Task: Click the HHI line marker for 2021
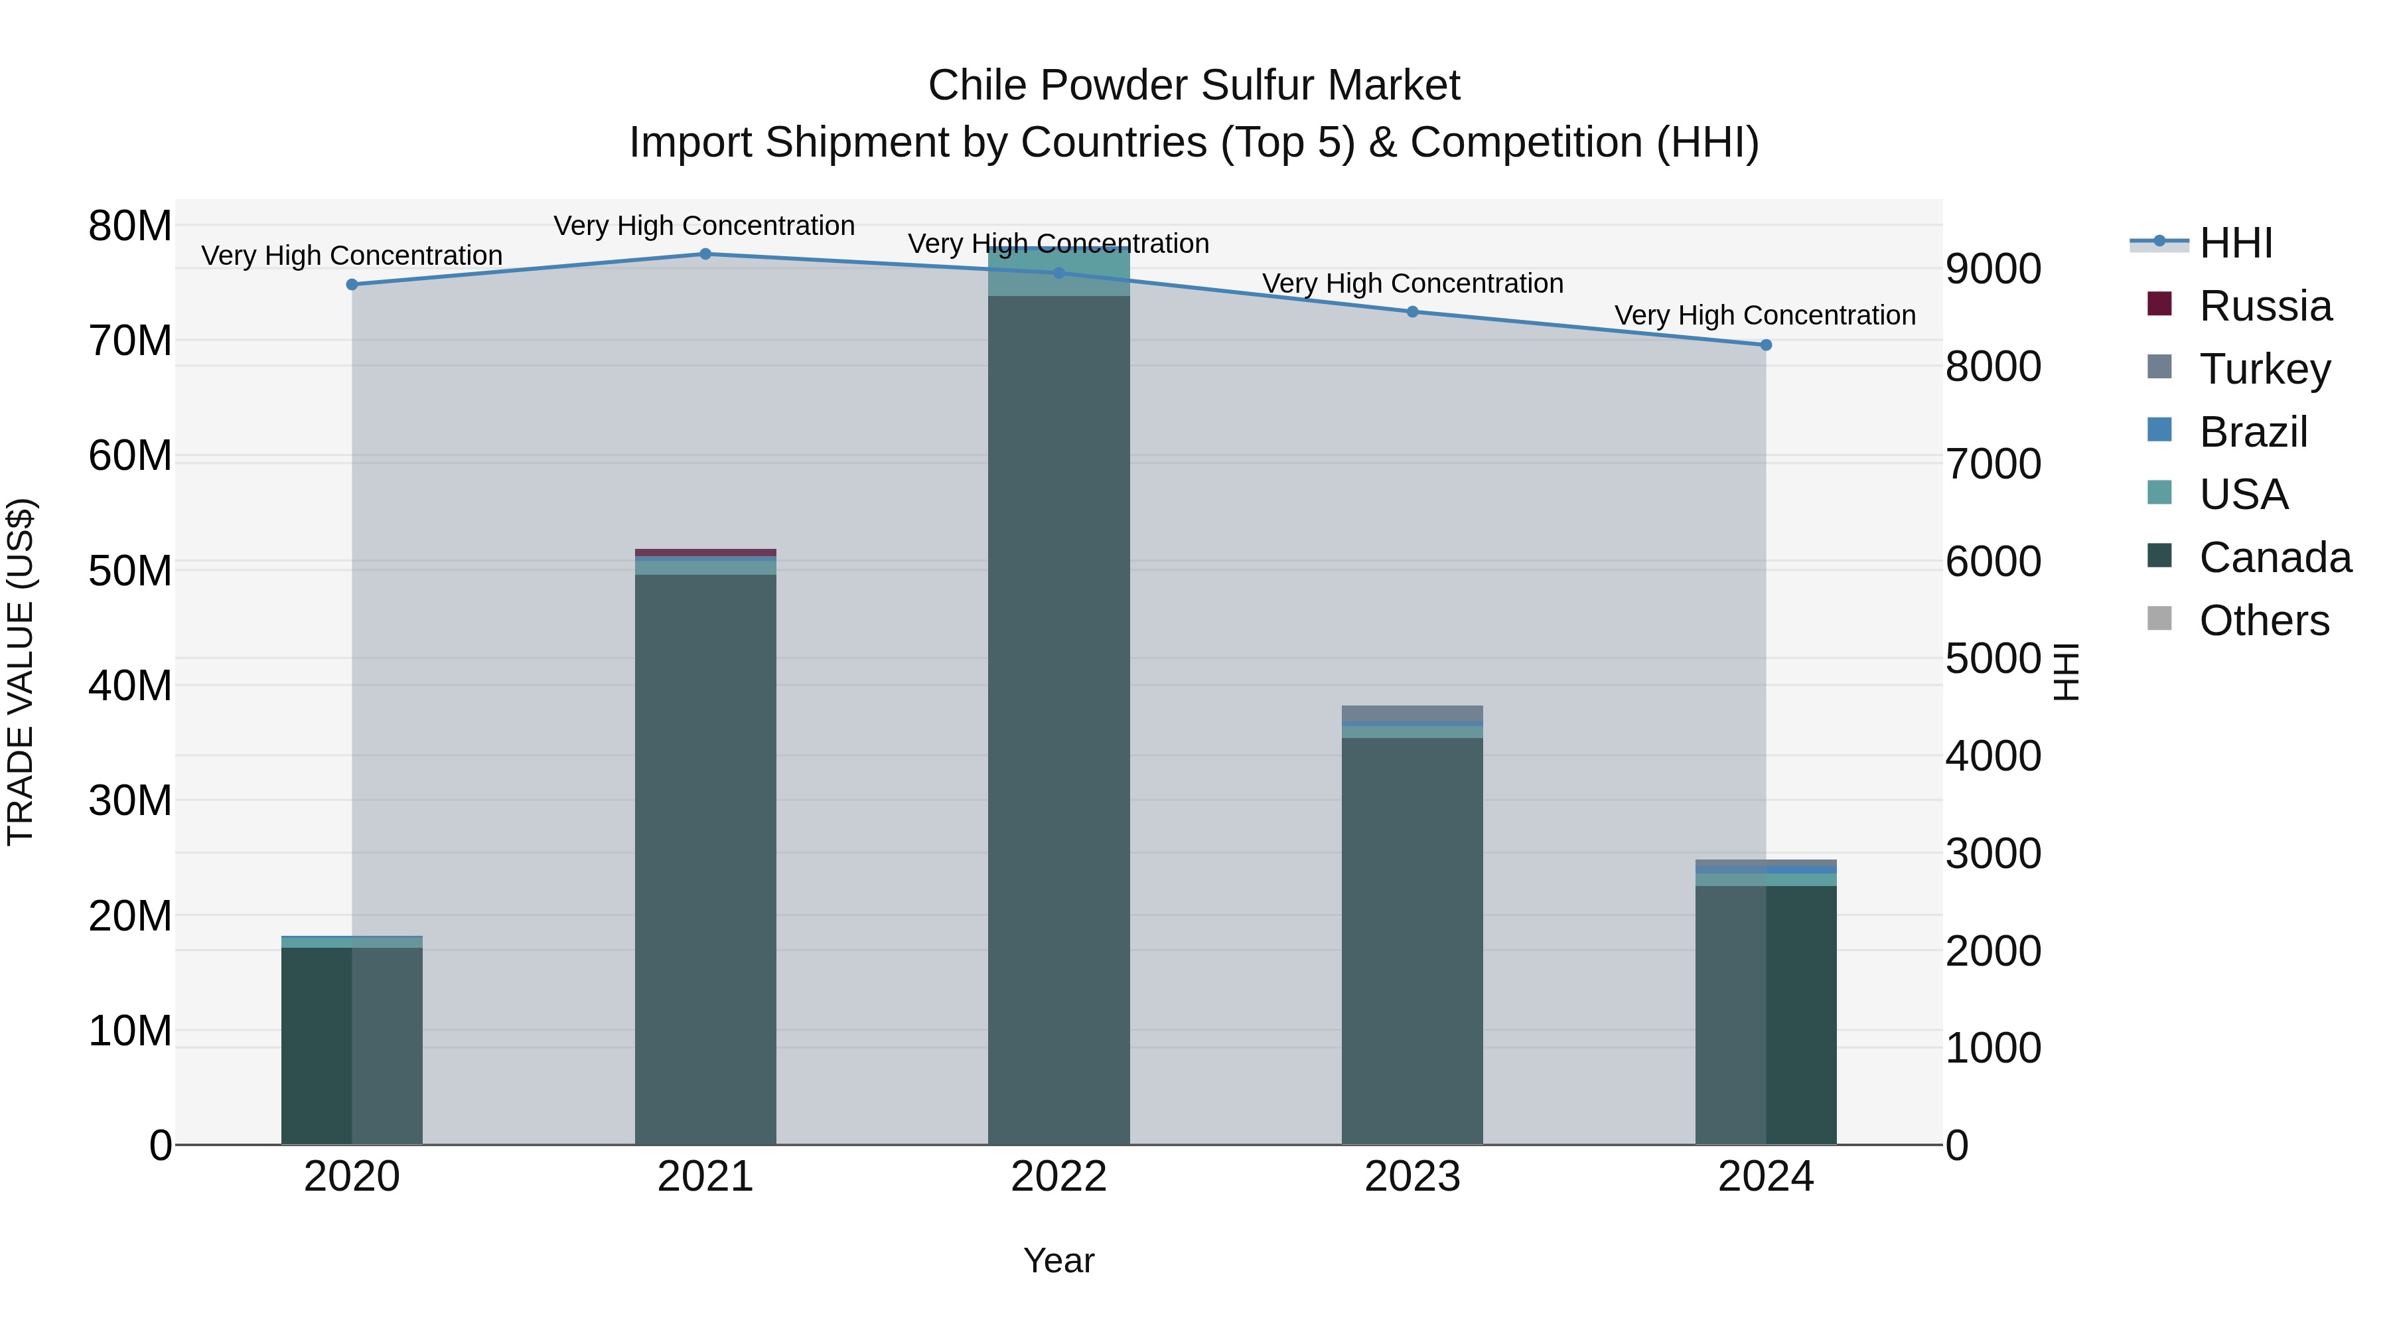pyautogui.click(x=705, y=254)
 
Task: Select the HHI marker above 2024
pyautogui.click(x=1766, y=345)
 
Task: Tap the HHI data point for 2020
pyautogui.click(x=352, y=285)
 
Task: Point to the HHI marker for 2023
pyautogui.click(x=1412, y=312)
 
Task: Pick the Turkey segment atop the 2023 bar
pyautogui.click(x=1412, y=713)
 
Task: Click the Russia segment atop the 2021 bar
pyautogui.click(x=705, y=553)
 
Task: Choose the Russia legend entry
pyautogui.click(x=2265, y=306)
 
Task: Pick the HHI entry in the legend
pyautogui.click(x=2235, y=243)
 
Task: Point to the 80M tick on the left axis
pyautogui.click(x=130, y=226)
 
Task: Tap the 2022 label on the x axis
pyautogui.click(x=1059, y=1177)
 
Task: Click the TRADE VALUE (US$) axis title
pyautogui.click(x=21, y=672)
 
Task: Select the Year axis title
pyautogui.click(x=1059, y=1260)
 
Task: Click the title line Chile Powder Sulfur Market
pyautogui.click(x=1194, y=86)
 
